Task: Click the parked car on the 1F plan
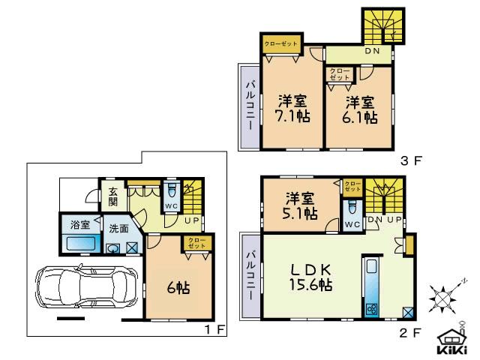coord(83,288)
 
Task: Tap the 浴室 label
coord(80,224)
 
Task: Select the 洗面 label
coord(118,229)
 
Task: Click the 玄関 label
coord(112,196)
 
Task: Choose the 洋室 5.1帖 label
coord(300,205)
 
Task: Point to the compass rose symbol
coord(444,298)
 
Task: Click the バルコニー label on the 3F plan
coord(250,107)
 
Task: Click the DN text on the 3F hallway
coord(372,52)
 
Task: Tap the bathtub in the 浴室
coord(79,244)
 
